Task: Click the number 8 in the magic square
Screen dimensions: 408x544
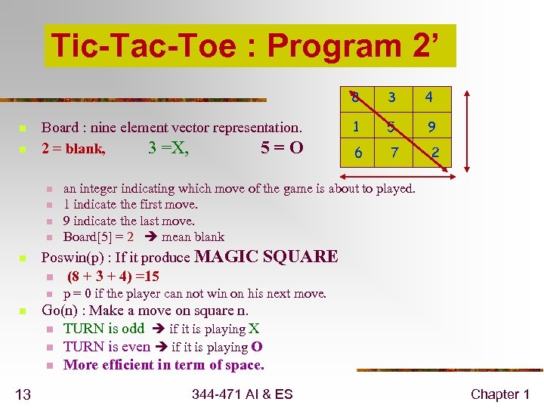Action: click(354, 97)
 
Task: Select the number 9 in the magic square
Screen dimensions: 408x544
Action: click(430, 125)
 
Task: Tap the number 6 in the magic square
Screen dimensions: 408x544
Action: click(358, 153)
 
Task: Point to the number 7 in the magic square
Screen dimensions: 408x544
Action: click(393, 154)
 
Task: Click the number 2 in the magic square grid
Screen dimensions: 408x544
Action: click(435, 154)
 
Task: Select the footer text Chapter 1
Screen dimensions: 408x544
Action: click(499, 394)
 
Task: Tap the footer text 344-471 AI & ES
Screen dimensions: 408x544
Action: click(242, 394)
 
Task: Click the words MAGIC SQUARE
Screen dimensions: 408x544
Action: click(266, 257)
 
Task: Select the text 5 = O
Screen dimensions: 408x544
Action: click(282, 148)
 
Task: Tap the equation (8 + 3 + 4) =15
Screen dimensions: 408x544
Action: click(113, 277)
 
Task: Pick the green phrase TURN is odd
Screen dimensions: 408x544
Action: click(104, 329)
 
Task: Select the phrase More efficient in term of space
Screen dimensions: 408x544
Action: click(164, 365)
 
